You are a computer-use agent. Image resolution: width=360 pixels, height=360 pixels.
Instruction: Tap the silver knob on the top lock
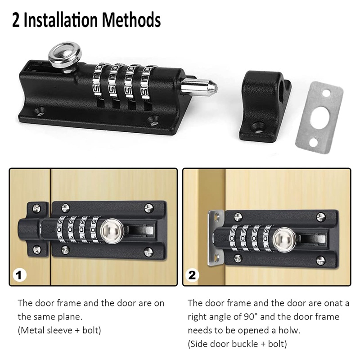65,56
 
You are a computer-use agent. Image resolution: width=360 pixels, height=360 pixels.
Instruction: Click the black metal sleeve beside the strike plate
264,105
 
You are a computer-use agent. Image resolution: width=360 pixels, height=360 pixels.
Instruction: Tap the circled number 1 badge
19,275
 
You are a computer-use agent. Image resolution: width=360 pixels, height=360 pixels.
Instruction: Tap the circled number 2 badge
193,275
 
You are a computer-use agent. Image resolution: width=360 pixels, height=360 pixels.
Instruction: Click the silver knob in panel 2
284,240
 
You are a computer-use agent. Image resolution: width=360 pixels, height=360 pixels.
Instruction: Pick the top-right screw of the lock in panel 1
149,208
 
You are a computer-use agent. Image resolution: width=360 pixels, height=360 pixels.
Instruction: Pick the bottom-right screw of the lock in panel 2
321,260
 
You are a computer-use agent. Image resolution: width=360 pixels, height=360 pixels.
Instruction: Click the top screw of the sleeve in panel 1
37,208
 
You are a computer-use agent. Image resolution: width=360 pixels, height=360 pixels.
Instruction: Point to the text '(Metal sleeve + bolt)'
59,330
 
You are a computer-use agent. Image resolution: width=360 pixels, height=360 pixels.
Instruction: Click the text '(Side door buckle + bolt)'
238,344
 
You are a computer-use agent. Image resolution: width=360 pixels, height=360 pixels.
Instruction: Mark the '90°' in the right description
250,317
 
